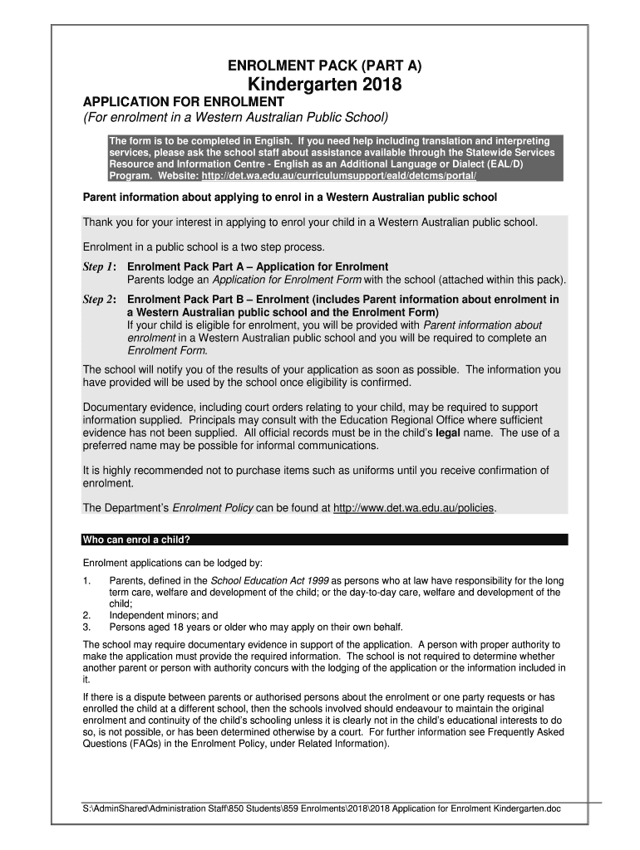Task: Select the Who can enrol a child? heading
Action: [137, 540]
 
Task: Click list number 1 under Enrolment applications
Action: [86, 580]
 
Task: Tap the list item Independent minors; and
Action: [163, 615]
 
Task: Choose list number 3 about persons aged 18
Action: [86, 627]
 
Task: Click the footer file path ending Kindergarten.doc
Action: [320, 808]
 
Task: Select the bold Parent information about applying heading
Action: [289, 198]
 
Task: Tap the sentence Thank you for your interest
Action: [310, 222]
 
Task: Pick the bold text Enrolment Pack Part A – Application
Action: [257, 266]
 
